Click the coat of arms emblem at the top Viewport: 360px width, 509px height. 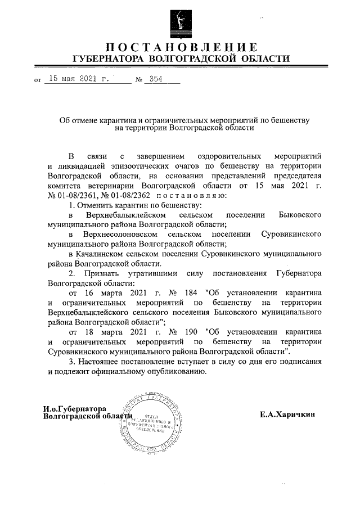179,21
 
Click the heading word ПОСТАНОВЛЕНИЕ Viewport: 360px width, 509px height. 180,47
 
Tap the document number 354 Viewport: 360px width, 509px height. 152,79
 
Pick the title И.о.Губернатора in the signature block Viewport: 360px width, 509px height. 75,408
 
